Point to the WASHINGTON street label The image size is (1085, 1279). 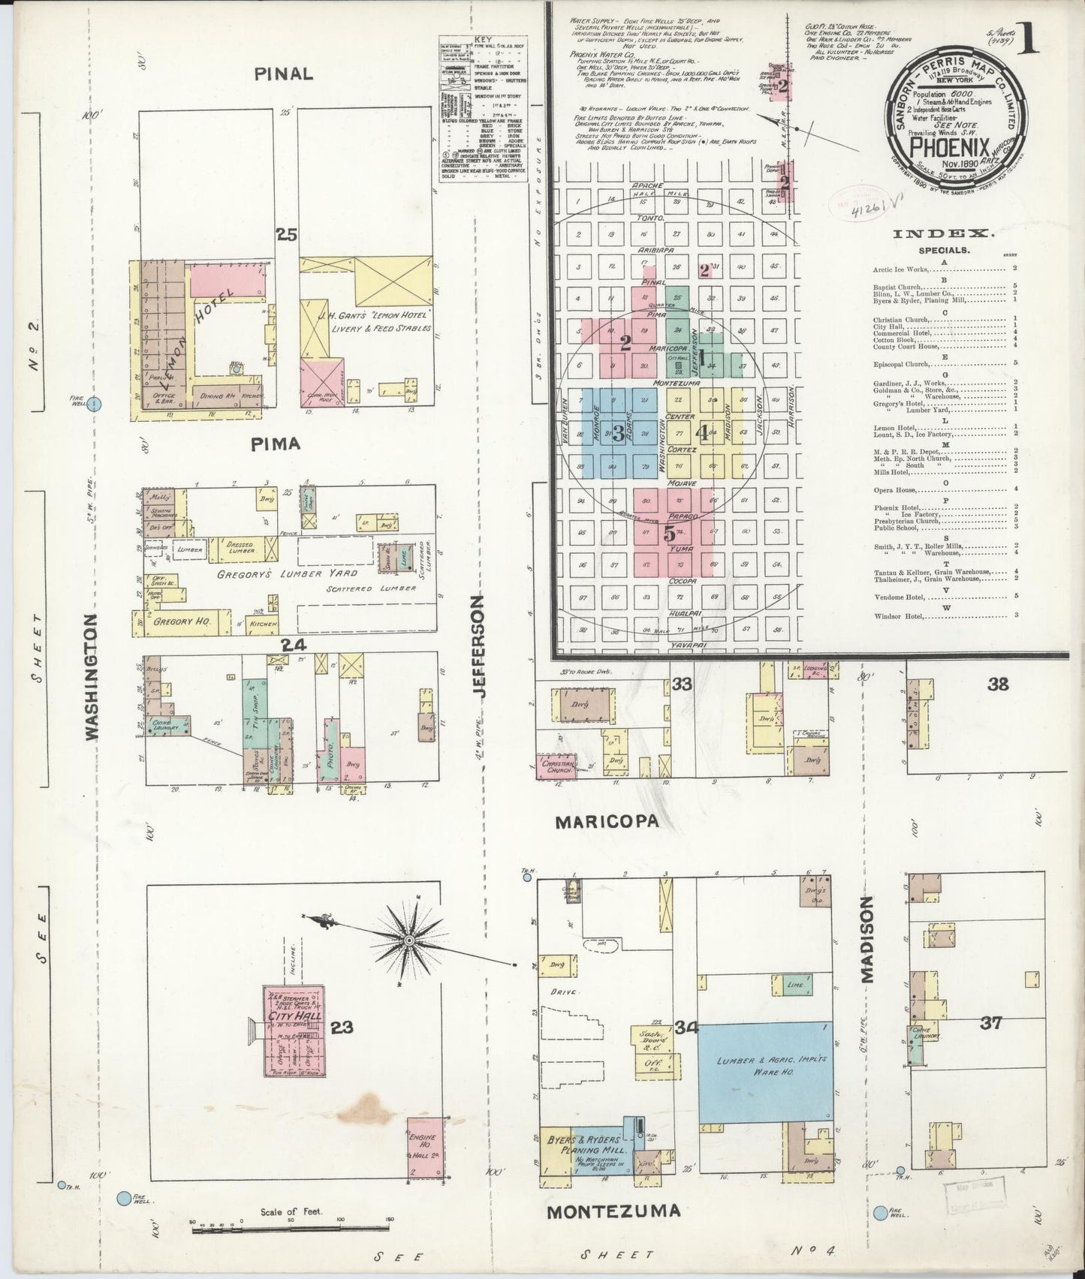[92, 678]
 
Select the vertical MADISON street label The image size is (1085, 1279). [868, 940]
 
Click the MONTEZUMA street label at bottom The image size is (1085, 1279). [614, 1211]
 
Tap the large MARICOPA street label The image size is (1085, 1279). [607, 822]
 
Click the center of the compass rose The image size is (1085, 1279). [409, 940]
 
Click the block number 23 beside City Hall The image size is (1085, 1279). [342, 1028]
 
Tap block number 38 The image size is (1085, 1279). [998, 684]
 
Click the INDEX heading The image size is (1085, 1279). [943, 234]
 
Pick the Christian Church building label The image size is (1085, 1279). [558, 768]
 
